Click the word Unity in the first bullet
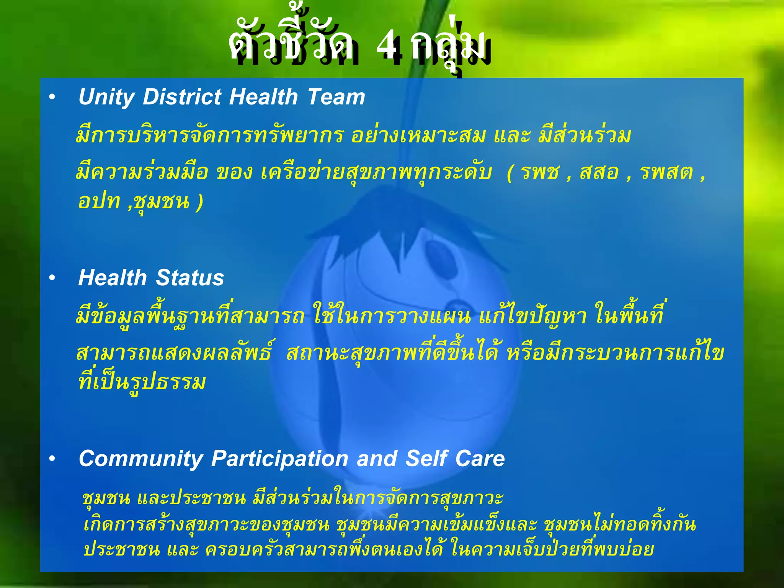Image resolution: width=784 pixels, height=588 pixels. coord(106,97)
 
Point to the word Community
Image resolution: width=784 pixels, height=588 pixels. coord(140,459)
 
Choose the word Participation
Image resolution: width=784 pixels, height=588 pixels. coord(279,459)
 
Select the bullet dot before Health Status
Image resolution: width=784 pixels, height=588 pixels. coord(52,278)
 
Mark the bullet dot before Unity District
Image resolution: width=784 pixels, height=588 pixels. coord(52,97)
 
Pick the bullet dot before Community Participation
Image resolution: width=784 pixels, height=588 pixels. coord(52,459)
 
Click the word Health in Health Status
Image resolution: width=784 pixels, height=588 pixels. coord(113,278)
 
